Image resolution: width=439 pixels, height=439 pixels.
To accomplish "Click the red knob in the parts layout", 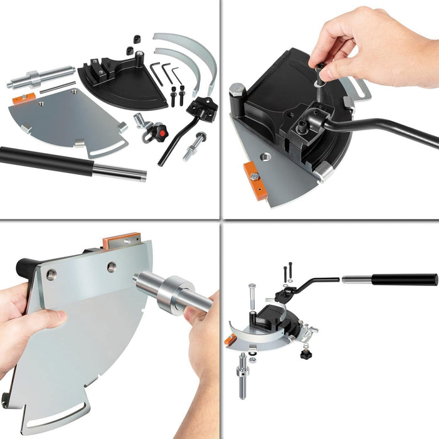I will pyautogui.click(x=160, y=132).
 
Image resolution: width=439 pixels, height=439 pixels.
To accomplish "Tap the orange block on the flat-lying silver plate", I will pyautogui.click(x=24, y=98).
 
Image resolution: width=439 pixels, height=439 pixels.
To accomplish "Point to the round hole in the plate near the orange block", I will pyautogui.click(x=262, y=154).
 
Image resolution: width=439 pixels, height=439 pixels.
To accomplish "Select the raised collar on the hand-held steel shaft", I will pyautogui.click(x=170, y=294).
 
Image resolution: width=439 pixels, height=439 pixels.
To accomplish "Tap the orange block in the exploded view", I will pyautogui.click(x=230, y=339).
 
